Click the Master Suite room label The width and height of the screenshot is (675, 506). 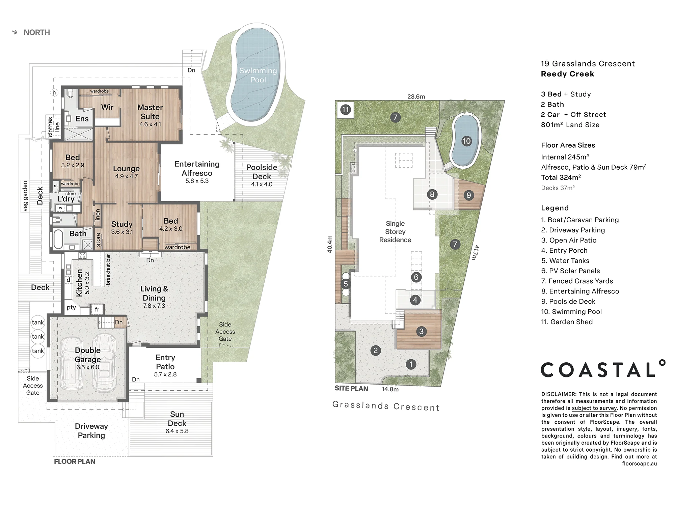150,112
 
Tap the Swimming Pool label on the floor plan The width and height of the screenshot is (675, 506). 258,75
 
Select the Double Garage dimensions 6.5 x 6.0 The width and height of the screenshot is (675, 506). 88,367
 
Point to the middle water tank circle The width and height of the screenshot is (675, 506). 38,336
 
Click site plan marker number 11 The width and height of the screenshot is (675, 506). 345,110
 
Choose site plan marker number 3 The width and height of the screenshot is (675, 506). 421,331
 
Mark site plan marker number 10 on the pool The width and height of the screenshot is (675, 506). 466,141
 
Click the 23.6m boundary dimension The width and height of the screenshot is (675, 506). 416,96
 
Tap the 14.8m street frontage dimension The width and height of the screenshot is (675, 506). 390,389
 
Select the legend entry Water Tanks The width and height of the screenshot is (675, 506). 565,261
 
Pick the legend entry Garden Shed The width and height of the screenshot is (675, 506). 567,322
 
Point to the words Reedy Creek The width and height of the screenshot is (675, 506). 567,74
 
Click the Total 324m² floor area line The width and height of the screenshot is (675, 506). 561,177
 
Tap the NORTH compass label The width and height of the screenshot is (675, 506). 37,32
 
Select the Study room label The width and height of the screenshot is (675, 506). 122,224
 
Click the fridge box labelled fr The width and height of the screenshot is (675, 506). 97,309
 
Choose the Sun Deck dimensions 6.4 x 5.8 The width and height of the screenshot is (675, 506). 177,431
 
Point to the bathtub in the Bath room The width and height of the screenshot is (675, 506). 59,239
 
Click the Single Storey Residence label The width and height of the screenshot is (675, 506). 395,232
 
